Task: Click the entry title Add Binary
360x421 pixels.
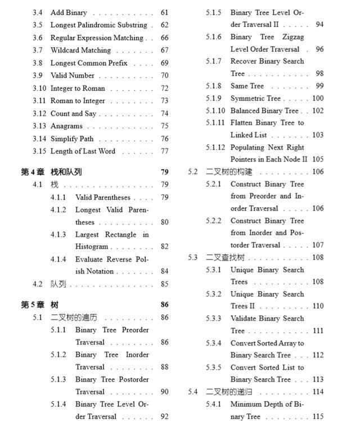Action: [x=69, y=12]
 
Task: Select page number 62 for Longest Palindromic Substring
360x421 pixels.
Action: [x=164, y=25]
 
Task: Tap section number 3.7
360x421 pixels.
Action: [x=38, y=50]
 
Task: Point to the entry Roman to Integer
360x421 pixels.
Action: [x=78, y=101]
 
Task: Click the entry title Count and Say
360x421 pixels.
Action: [x=73, y=113]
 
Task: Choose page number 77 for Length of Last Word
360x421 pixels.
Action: [x=164, y=151]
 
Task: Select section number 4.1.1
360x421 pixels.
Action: [x=58, y=198]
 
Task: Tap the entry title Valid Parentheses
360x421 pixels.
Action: [x=103, y=198]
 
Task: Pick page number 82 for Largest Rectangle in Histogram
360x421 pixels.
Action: [x=164, y=247]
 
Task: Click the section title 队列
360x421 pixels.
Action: [x=58, y=284]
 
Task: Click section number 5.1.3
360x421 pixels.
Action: [x=58, y=380]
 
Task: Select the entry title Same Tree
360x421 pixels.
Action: [x=247, y=86]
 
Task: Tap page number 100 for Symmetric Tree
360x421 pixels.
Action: [x=318, y=98]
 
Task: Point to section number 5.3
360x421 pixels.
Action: [x=193, y=258]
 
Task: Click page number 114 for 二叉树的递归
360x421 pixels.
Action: [x=318, y=392]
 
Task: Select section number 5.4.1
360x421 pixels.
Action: [x=214, y=405]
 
